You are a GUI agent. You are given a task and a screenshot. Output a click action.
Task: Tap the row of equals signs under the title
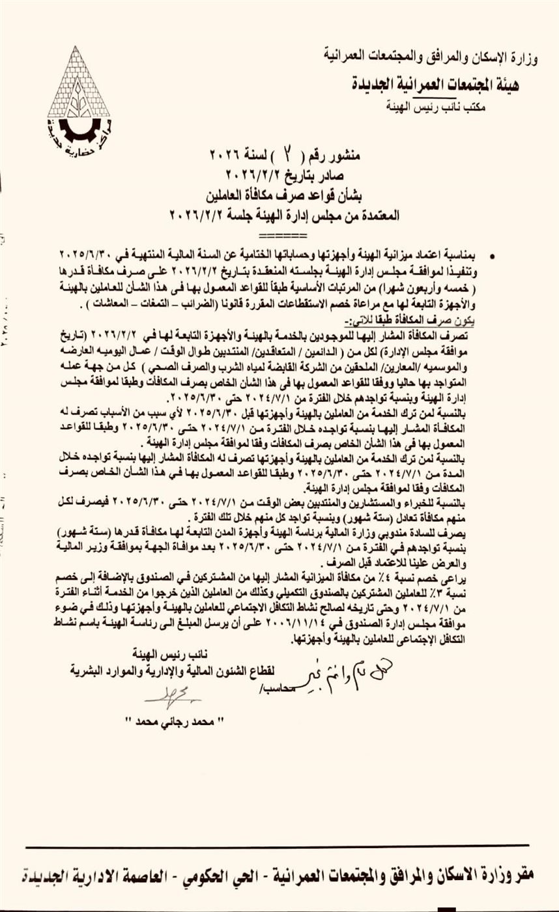coord(278,233)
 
